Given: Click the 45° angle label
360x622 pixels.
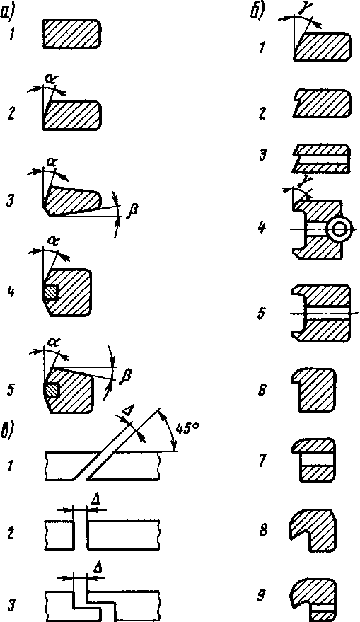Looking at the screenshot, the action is coord(187,430).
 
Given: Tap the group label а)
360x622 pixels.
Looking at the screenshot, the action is coord(8,14).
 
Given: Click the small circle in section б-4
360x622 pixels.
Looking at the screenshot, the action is coord(339,229).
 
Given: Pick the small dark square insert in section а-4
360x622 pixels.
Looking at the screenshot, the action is coord(50,293).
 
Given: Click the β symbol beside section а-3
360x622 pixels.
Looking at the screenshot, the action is coord(131,209).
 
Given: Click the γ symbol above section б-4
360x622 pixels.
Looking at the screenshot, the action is coord(306,182).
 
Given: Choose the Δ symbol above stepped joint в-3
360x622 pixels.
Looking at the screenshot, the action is coord(98,568).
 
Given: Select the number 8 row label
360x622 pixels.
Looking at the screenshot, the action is coord(263,531).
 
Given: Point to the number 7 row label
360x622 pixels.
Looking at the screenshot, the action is coord(263,460).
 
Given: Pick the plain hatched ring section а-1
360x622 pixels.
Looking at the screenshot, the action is coord(71,34).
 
